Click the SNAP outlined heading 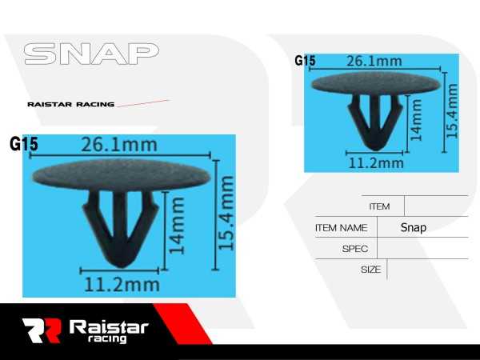[x=90, y=54]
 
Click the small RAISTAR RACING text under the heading [x=70, y=104]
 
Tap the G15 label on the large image [x=24, y=145]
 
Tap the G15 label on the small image [x=305, y=61]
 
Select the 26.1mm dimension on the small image [x=373, y=61]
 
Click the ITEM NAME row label [x=341, y=227]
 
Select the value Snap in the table [x=414, y=227]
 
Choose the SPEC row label [x=354, y=249]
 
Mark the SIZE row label [x=370, y=270]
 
